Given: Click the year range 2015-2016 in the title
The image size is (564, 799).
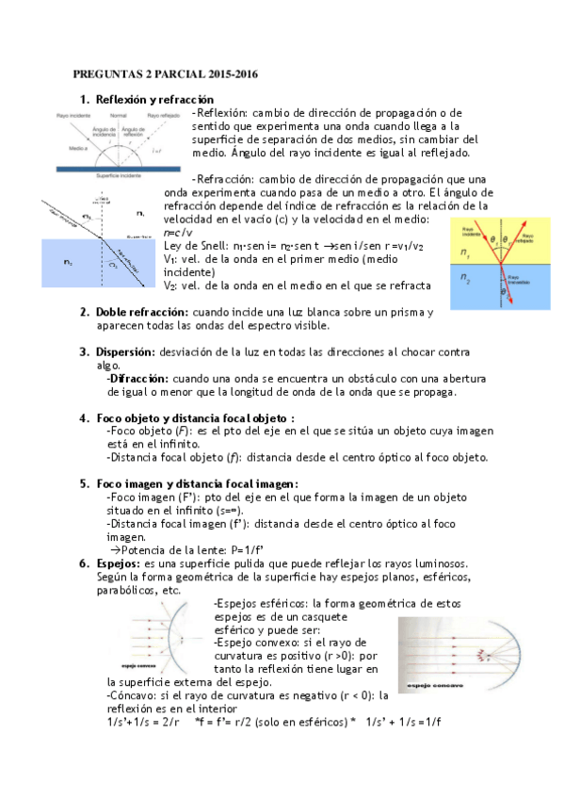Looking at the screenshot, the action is [224, 73].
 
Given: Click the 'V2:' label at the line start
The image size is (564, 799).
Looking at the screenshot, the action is [170, 285].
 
